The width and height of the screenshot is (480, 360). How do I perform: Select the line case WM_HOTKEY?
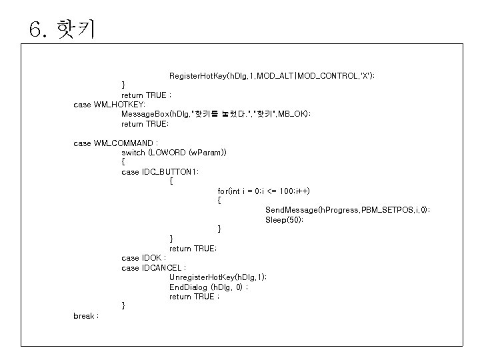click(109, 105)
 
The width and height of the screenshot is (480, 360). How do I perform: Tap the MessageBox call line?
click(216, 114)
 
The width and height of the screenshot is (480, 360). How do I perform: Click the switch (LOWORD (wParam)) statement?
click(174, 153)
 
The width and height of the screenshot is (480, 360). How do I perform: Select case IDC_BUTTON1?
click(160, 172)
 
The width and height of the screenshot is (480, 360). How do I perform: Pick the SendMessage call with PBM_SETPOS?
click(347, 210)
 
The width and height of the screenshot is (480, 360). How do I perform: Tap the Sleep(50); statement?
click(284, 220)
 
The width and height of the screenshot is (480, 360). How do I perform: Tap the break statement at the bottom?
click(86, 315)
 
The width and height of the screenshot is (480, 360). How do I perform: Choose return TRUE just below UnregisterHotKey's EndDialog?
click(194, 297)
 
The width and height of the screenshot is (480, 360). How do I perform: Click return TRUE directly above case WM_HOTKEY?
click(146, 95)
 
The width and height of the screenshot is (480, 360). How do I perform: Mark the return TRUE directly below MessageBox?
click(145, 124)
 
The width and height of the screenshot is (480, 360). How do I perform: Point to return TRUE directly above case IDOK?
click(193, 249)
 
